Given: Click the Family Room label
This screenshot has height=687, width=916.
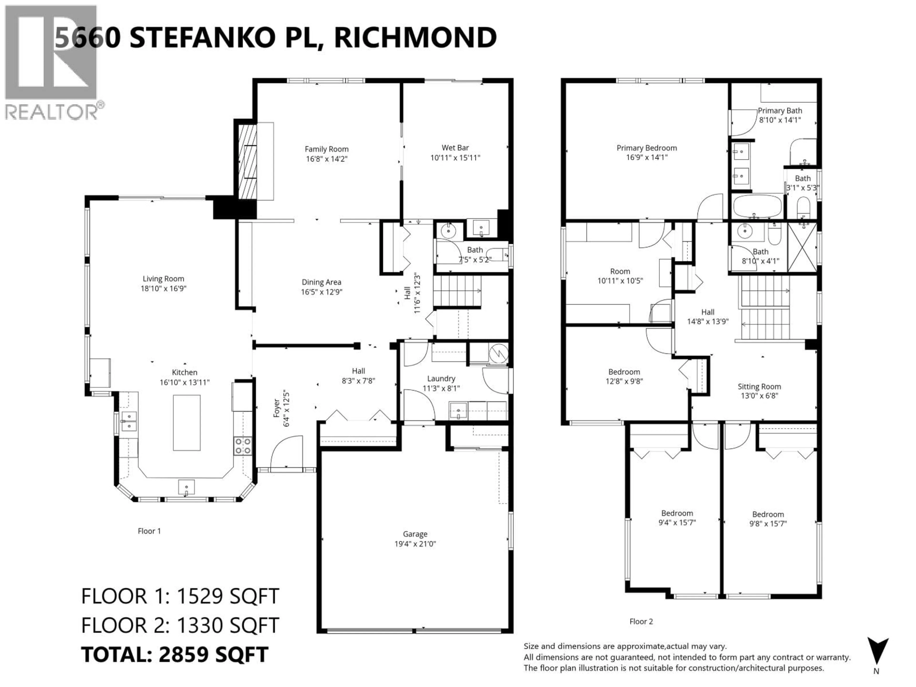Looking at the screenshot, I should click(326, 149).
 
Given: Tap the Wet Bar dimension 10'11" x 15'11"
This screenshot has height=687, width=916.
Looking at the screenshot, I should click(455, 158).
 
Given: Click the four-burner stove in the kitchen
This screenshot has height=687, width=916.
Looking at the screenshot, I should click(243, 446).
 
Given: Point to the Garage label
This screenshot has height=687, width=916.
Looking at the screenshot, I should click(415, 534).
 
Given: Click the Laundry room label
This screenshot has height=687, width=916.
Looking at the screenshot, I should click(441, 379).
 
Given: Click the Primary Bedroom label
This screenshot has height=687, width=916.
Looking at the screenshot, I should click(646, 148).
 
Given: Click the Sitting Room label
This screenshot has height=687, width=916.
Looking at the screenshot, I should click(759, 386).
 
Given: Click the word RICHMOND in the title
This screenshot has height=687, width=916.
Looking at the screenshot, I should click(415, 37).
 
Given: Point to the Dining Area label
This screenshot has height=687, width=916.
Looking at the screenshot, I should click(321, 282).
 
